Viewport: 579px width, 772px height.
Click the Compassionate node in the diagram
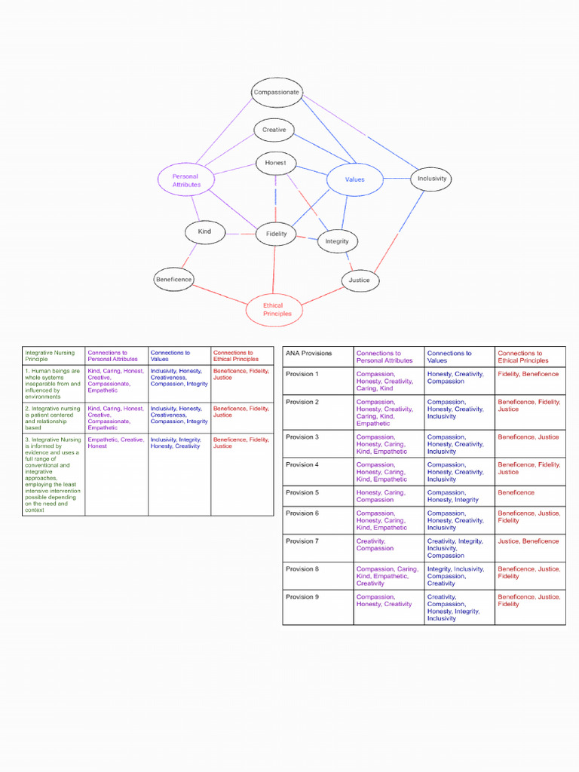pos(277,93)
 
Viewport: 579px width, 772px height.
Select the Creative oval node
pos(274,130)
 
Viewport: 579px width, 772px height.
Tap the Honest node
pos(275,163)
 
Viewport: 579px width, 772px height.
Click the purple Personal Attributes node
pos(186,180)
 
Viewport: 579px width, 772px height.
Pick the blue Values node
pos(354,179)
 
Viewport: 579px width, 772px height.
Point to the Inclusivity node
pos(432,179)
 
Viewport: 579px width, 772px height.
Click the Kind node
pos(204,231)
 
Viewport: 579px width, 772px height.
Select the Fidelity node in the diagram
pos(277,234)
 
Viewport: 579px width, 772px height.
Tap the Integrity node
pos(337,241)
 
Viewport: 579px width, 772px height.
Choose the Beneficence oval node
pos(173,279)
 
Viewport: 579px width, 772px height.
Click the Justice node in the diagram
pos(359,280)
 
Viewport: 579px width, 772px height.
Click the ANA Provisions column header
pos(308,353)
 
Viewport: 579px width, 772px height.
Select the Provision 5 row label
pos(302,492)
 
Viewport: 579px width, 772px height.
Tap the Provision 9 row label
pos(302,596)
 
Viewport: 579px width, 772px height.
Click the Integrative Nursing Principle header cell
pos(50,356)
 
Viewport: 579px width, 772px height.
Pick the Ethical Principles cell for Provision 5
pos(516,492)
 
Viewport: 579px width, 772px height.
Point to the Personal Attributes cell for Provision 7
pos(371,544)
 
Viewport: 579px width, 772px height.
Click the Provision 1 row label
pos(302,374)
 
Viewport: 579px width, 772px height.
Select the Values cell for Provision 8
pos(455,576)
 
